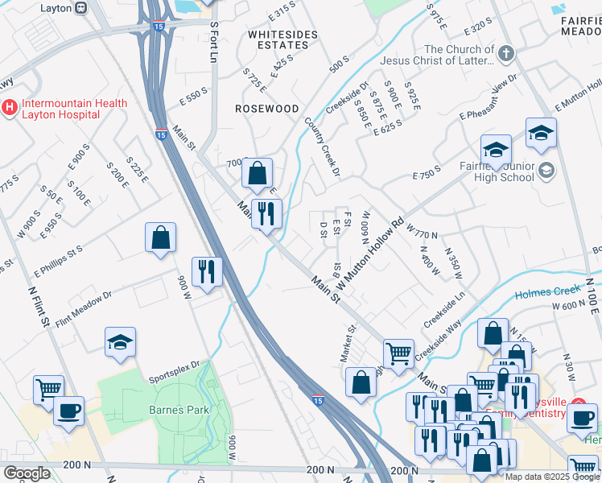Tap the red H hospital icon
coord(10,106)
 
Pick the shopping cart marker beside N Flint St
coord(48,389)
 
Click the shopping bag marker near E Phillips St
coord(161,237)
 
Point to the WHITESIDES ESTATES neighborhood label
coord(278,40)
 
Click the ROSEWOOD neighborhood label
coord(266,108)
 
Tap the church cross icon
coord(505,54)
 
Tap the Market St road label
coord(352,341)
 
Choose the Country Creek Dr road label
coord(324,147)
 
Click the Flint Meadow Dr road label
coord(86,303)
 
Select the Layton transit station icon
coord(80,7)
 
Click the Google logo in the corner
coord(27,473)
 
